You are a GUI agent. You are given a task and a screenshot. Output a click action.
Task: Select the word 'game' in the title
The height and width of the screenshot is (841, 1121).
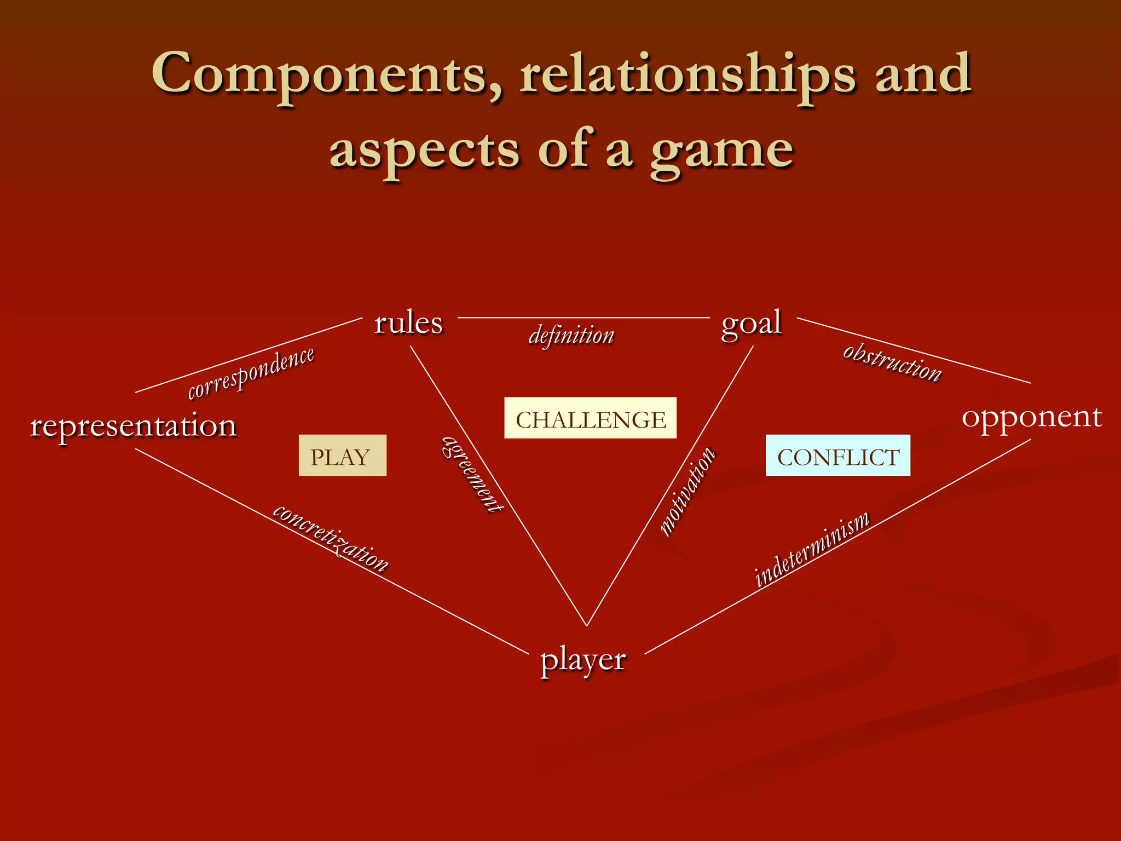coord(722,151)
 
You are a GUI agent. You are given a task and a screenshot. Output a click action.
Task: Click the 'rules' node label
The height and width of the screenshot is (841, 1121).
coord(408,323)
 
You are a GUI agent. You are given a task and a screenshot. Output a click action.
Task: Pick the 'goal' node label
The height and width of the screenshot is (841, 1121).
coord(751,323)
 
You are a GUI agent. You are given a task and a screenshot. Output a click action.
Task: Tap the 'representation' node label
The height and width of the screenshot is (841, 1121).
coord(134,425)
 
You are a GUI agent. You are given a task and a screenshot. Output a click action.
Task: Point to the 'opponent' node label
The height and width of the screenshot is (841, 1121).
coord(1032,418)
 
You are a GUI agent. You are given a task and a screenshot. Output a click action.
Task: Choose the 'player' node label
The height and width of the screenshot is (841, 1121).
coord(583,660)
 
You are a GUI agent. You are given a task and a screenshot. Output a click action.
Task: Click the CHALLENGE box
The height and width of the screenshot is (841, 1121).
coord(590,418)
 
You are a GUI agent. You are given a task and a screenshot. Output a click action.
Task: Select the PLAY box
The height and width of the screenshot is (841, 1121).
coord(342,456)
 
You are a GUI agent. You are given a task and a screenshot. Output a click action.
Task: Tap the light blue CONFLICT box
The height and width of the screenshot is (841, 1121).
coord(837,456)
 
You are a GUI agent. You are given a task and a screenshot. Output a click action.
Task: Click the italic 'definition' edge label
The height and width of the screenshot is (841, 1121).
coord(571,336)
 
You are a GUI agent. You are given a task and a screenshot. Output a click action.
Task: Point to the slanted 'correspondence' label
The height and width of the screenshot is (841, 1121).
coord(251,373)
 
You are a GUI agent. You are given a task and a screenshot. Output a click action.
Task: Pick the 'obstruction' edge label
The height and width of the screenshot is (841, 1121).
coord(892,362)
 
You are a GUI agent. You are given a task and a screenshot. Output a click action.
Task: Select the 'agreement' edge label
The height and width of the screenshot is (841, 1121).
coord(472,475)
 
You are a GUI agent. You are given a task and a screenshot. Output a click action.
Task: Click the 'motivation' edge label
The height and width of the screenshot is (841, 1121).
coord(687,491)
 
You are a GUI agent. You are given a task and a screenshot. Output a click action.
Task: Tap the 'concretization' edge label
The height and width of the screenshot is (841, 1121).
coord(331,538)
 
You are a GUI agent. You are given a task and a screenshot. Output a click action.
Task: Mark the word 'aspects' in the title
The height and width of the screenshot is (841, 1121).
coord(424,151)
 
